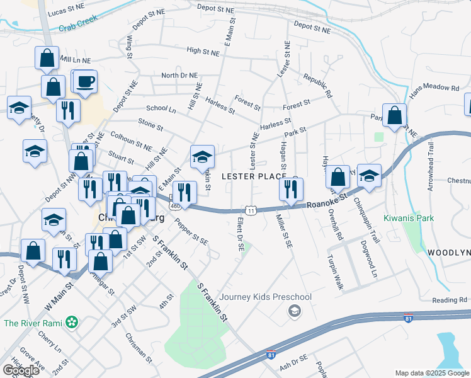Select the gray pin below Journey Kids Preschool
[294, 311]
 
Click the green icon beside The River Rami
[73, 323]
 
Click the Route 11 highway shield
[251, 210]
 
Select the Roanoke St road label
[327, 202]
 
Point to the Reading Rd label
[449, 300]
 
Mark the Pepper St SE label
[191, 232]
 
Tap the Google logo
[20, 370]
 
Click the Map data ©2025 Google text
[432, 373]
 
